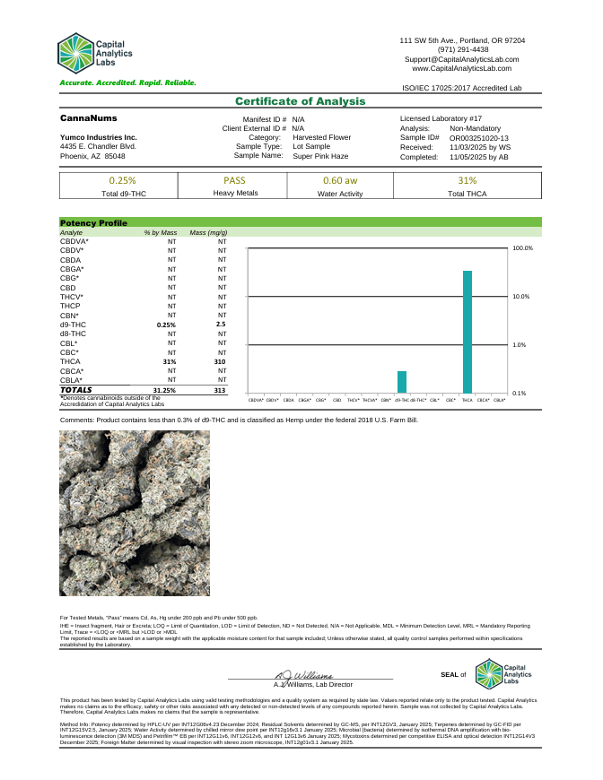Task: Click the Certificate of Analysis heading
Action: pyautogui.click(x=301, y=101)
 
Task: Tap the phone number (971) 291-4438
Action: pyautogui.click(x=462, y=49)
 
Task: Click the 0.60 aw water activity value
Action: pyautogui.click(x=340, y=180)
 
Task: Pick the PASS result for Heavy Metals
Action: pyautogui.click(x=235, y=180)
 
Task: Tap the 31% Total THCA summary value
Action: pyautogui.click(x=468, y=180)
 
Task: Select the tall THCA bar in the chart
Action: pyautogui.click(x=467, y=332)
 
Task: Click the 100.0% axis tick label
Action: pyautogui.click(x=522, y=248)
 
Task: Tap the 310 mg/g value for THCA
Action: pyautogui.click(x=220, y=361)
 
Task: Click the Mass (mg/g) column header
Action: pyautogui.click(x=208, y=232)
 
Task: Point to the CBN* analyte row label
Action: pyautogui.click(x=70, y=315)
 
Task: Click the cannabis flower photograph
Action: pyautogui.click(x=135, y=513)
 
